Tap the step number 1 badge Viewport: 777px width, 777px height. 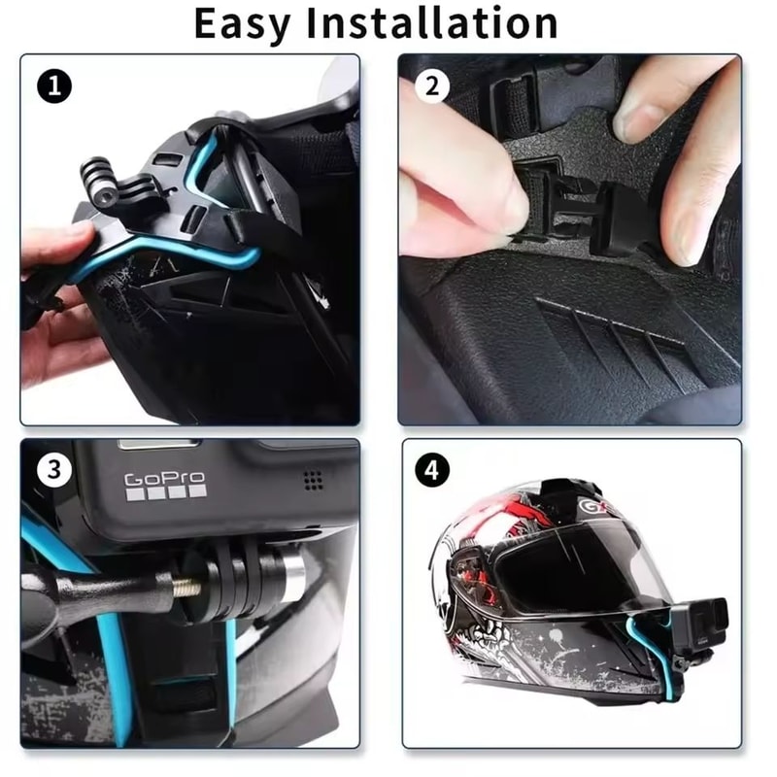(54, 87)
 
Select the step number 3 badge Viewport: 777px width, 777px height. (54, 471)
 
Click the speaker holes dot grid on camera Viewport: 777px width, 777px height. (312, 479)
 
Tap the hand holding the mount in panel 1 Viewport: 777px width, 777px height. (53, 291)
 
